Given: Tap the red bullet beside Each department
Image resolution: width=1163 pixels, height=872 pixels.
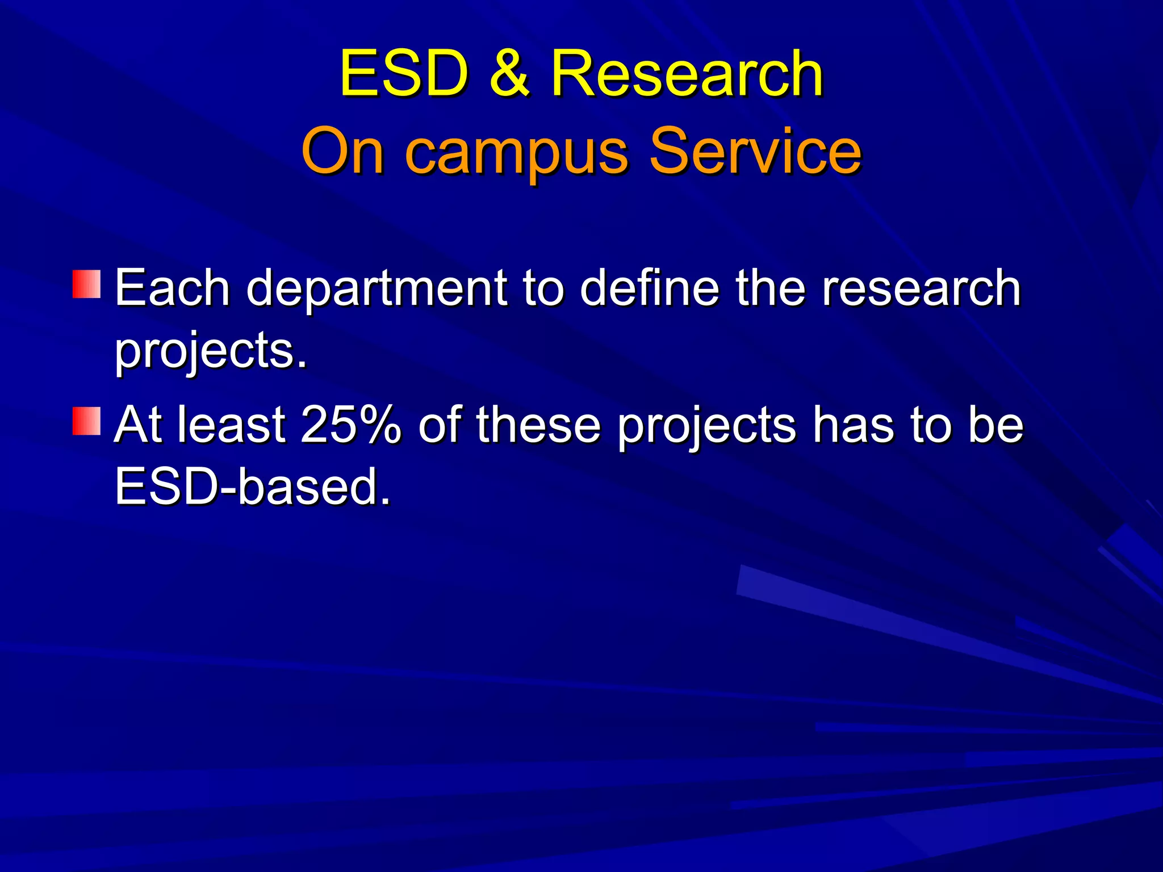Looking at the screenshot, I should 86,284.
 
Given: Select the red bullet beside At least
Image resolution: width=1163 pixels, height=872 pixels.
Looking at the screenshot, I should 86,421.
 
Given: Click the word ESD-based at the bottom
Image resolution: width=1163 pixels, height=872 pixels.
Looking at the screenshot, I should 253,487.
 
